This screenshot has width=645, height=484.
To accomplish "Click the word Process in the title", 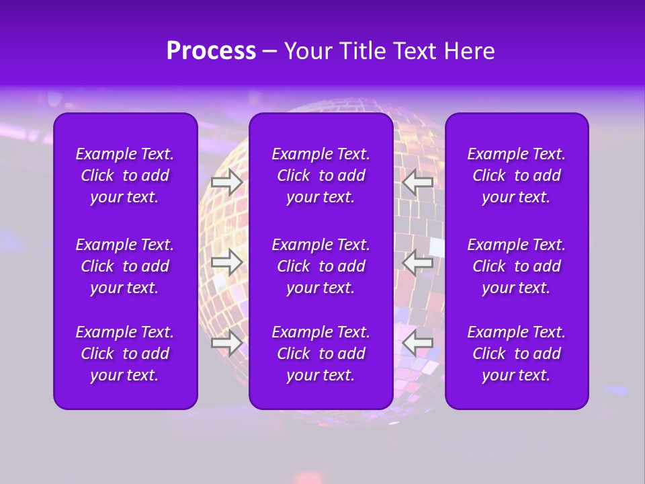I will point(211,51).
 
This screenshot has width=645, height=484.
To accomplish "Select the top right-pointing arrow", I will point(227,182).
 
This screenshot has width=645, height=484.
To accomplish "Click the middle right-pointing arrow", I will point(227,262).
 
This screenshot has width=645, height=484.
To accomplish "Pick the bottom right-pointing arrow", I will point(227,342).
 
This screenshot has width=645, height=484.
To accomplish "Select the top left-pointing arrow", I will point(417,182).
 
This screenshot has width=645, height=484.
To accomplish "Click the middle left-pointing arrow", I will point(417,262).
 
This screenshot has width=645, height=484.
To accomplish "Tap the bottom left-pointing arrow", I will point(417,342).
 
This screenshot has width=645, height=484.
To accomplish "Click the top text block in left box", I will point(124,175).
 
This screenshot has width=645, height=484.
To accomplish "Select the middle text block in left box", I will point(124,266).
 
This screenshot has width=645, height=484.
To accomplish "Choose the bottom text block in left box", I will point(124,354).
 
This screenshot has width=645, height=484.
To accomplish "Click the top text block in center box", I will point(320,175).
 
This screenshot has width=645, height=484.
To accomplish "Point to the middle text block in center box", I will point(320,266).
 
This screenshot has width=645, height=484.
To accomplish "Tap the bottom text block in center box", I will point(320,354).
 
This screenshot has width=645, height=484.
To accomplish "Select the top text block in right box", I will point(516,175).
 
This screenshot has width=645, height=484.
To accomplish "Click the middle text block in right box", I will point(516,266).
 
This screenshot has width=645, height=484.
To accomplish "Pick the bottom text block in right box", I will point(516,354).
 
